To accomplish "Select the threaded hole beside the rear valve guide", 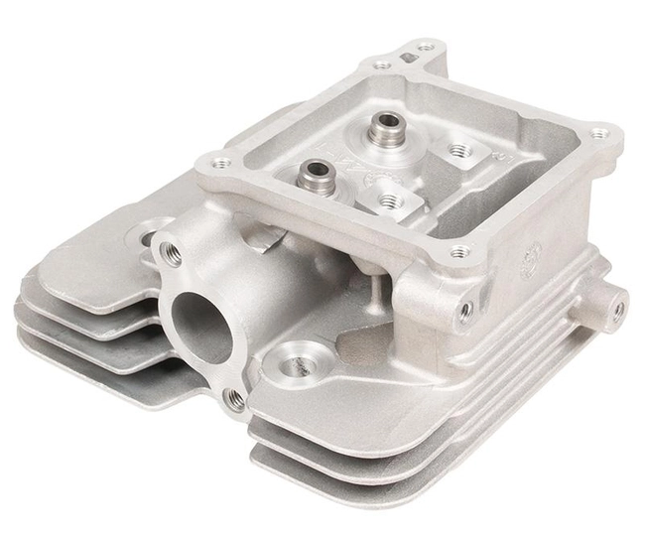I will [x=457, y=151].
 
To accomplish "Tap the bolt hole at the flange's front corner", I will [x=458, y=252].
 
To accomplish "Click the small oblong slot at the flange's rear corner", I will [x=408, y=58].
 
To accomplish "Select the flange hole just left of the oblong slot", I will [x=382, y=66].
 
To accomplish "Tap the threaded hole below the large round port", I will [x=235, y=399].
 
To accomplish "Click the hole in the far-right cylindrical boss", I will [x=617, y=308].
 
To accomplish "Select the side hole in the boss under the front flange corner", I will [x=464, y=311].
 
